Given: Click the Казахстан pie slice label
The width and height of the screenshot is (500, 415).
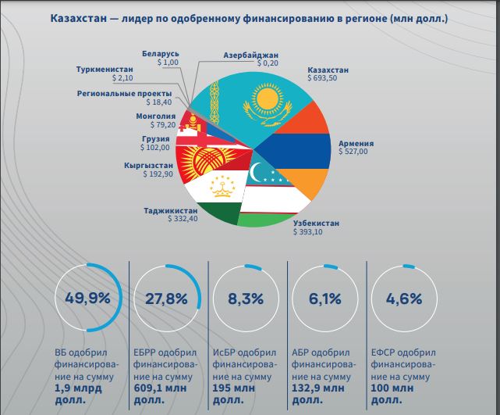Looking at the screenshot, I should (x=328, y=70).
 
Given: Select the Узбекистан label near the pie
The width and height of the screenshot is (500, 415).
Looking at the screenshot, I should (x=316, y=224).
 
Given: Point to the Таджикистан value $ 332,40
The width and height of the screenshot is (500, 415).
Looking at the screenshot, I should (x=184, y=220).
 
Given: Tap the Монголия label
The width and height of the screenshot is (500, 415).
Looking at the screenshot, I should (x=155, y=116).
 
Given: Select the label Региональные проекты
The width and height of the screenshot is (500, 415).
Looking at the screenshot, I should (x=124, y=93).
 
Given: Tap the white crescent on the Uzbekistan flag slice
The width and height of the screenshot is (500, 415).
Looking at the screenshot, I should (x=258, y=171).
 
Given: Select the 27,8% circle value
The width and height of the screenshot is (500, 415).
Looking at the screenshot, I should (x=166, y=299).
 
